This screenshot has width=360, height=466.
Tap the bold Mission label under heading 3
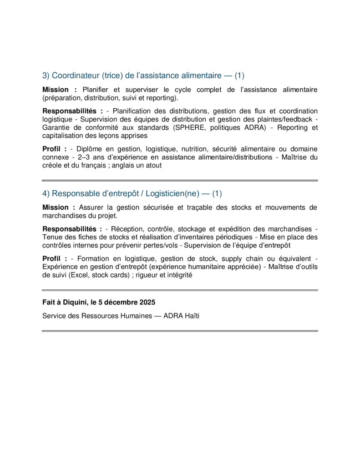pyautogui.click(x=56, y=90)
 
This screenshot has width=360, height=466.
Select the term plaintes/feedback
pyautogui.click(x=289, y=119)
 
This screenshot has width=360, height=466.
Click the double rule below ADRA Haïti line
pyautogui.click(x=180, y=331)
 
